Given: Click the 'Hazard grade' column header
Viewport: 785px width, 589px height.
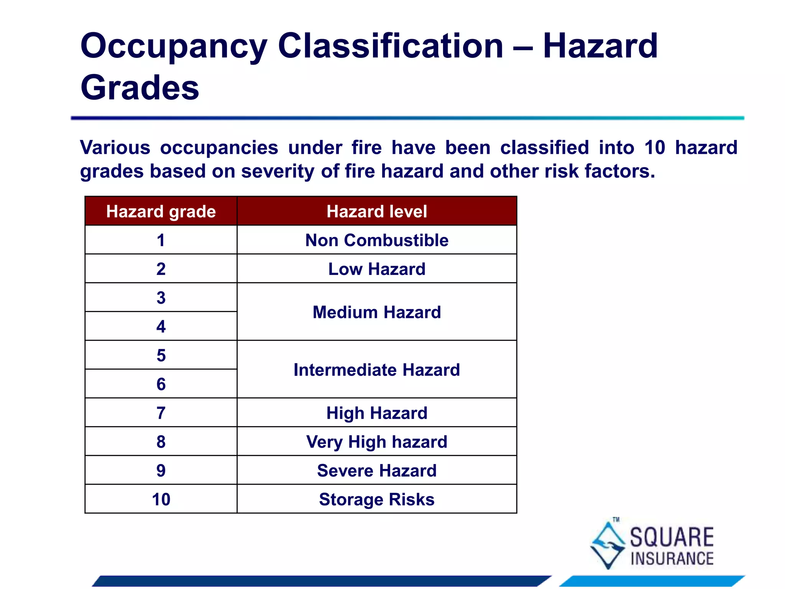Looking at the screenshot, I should pyautogui.click(x=161, y=211).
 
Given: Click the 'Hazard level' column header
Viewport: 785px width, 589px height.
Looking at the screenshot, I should pyautogui.click(x=377, y=211).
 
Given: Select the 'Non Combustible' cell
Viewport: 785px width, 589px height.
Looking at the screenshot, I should pyautogui.click(x=377, y=240).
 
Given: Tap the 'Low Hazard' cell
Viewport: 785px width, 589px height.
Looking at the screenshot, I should pyautogui.click(x=377, y=269).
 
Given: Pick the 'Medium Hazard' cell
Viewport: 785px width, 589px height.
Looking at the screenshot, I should pyautogui.click(x=377, y=312).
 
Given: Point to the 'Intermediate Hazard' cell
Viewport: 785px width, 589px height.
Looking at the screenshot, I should pyautogui.click(x=377, y=370).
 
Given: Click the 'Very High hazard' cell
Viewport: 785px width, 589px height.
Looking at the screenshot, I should pyautogui.click(x=377, y=442).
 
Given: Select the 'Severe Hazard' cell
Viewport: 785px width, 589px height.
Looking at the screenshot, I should pyautogui.click(x=377, y=471).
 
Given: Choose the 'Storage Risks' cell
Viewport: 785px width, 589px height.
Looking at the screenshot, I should pyautogui.click(x=377, y=499).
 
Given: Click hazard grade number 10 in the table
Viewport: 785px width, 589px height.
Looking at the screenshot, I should pyautogui.click(x=161, y=499).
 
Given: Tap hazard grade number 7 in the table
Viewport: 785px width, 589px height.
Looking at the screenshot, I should pyautogui.click(x=161, y=413).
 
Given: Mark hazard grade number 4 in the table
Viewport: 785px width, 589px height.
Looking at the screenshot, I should pyautogui.click(x=161, y=327).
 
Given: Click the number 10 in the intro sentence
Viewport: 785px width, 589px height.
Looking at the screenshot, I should pyautogui.click(x=655, y=148).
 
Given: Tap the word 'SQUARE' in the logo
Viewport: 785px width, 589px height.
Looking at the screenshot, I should pyautogui.click(x=672, y=537).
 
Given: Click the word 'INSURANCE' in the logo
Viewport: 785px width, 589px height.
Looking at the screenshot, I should pyautogui.click(x=672, y=559).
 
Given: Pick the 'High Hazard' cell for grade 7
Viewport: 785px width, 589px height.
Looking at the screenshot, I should pyautogui.click(x=377, y=413).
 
